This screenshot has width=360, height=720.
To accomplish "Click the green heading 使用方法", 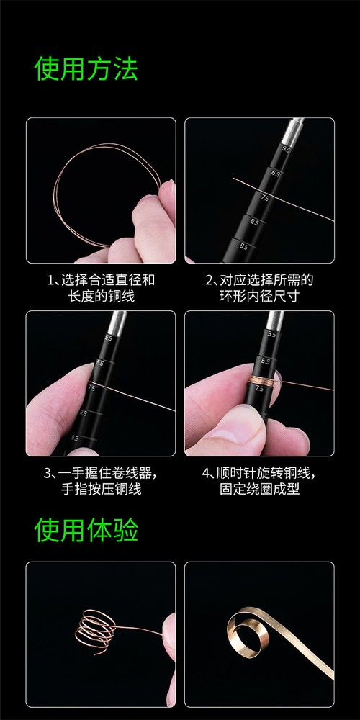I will pos(86,70).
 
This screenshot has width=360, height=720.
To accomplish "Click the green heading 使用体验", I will pos(86,530).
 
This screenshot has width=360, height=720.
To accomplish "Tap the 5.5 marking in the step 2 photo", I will pos(287,149).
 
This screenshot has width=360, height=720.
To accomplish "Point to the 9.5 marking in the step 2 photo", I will pos(245,246).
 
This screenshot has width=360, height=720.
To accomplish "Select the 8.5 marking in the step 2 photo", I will pos(254,222).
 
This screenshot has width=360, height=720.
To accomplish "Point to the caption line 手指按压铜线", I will pos(101,490).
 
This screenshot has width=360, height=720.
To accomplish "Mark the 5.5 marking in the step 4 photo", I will pos(271,334).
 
